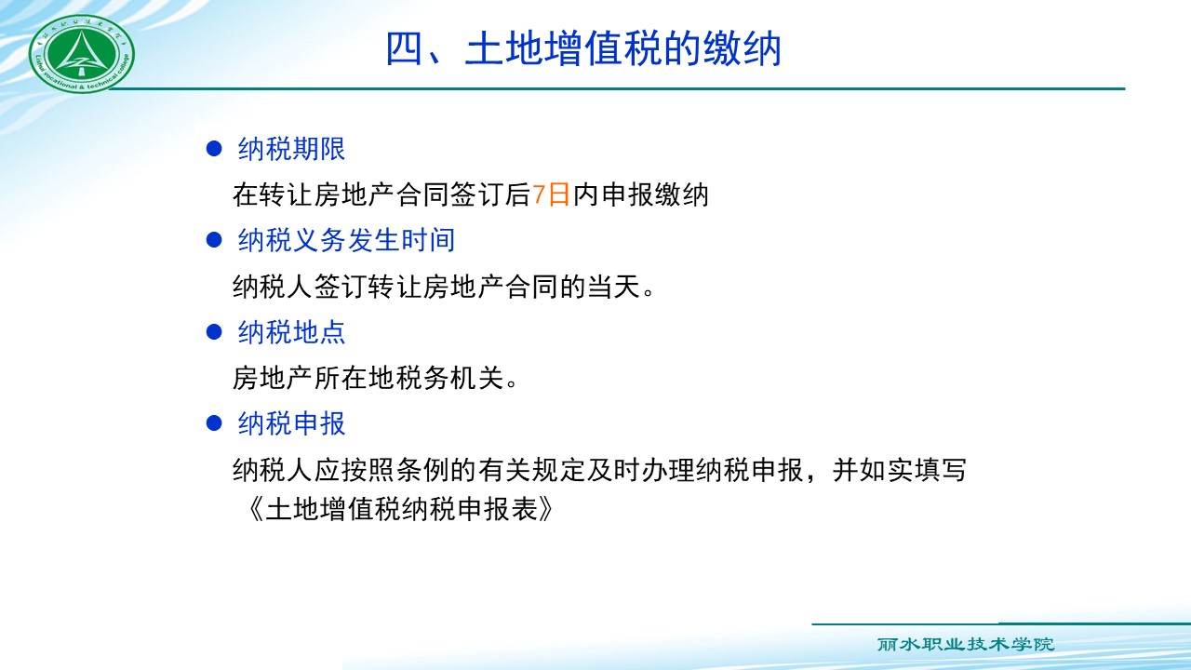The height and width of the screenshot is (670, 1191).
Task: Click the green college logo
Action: click(81, 53)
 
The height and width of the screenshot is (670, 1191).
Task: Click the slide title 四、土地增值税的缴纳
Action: click(583, 49)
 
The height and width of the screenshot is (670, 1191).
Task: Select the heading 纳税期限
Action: click(291, 149)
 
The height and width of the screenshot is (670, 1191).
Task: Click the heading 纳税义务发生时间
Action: click(346, 240)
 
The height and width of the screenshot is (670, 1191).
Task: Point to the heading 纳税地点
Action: click(291, 332)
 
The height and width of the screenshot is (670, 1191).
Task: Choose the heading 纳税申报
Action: click(291, 423)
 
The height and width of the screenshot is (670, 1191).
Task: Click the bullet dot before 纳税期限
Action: click(214, 149)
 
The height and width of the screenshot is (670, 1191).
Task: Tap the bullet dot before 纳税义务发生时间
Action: click(214, 240)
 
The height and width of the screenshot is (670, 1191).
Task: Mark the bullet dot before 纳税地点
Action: click(214, 332)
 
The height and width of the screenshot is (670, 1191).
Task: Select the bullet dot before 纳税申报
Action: click(214, 423)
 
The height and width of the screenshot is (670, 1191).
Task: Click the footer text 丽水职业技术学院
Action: click(966, 645)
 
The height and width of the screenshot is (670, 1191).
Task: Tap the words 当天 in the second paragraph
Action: click(614, 287)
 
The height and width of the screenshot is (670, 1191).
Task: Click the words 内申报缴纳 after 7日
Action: click(640, 194)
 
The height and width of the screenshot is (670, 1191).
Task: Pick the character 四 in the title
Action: click(405, 49)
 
